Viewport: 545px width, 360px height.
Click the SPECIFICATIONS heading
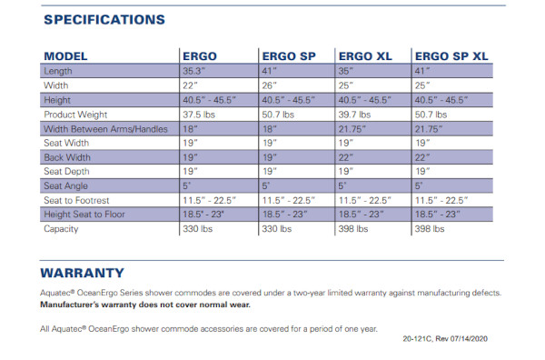point(104,20)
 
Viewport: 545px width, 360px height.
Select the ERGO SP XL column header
point(451,56)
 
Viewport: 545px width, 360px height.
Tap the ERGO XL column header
point(365,56)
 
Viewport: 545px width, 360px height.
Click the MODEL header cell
point(65,56)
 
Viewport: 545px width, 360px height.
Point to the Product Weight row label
point(75,115)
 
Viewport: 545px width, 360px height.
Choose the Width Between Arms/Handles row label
point(105,129)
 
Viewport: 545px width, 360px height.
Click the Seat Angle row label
point(65,186)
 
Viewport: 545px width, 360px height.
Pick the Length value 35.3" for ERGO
point(194,71)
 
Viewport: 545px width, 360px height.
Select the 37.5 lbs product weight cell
point(199,115)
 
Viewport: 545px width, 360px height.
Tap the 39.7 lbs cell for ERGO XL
point(354,115)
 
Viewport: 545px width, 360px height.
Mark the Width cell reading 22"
point(190,85)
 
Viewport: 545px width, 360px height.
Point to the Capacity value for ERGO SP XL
point(430,229)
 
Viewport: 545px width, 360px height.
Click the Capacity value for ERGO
point(197,229)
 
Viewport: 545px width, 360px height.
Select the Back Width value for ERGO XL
point(346,157)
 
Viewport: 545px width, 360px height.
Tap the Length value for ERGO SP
point(270,71)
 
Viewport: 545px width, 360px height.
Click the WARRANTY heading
point(82,273)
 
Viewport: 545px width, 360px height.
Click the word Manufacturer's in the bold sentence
point(70,305)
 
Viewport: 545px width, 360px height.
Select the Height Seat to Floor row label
point(84,215)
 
